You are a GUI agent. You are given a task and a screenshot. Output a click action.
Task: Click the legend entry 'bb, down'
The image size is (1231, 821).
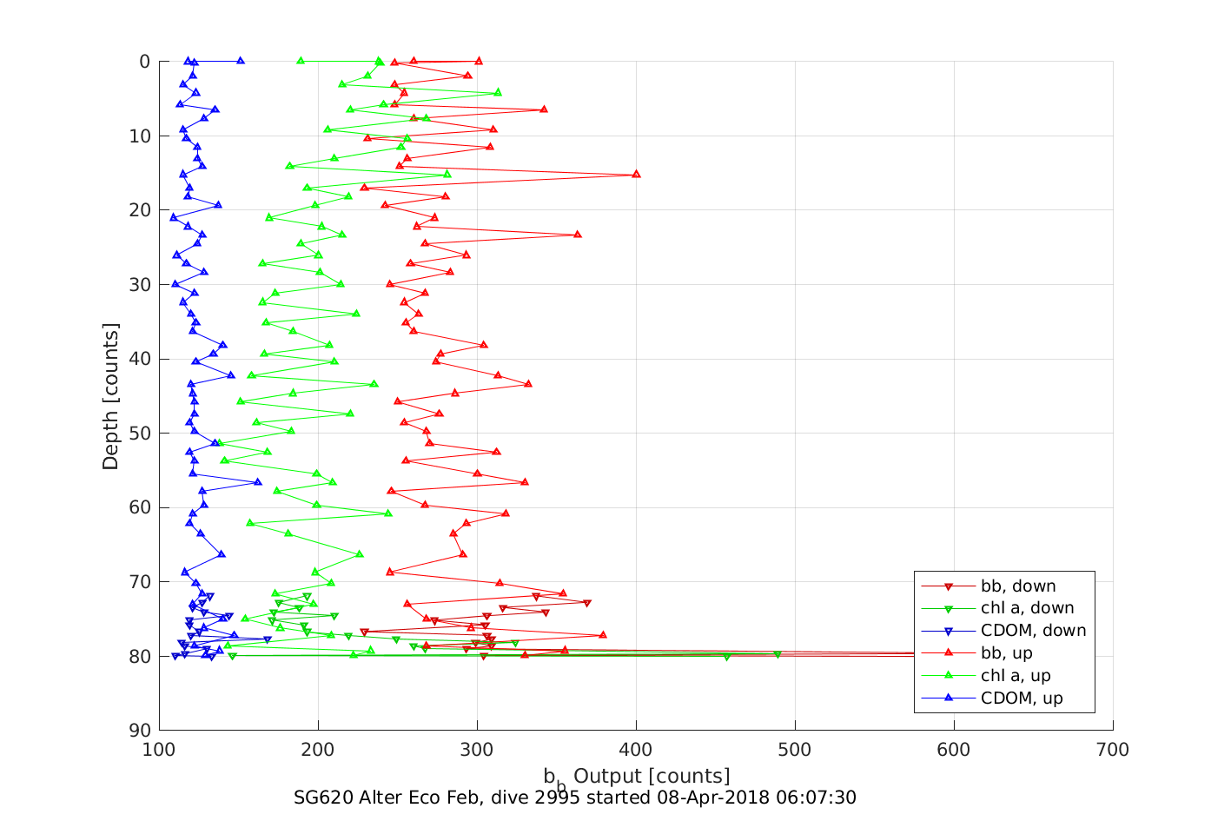tap(1018, 586)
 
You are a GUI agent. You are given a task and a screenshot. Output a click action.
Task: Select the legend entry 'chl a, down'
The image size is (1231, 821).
tap(1027, 608)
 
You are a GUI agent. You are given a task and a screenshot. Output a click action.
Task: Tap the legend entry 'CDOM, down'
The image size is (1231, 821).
tap(1033, 631)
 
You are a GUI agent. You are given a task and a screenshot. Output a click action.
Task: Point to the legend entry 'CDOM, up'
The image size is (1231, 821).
tap(1022, 699)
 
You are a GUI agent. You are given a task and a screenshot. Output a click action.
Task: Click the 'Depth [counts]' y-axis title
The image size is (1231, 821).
tap(110, 396)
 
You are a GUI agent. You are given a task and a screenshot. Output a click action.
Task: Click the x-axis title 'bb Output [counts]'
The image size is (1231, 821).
tap(637, 777)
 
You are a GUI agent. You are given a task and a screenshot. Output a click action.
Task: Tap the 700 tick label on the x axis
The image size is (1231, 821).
tap(1113, 750)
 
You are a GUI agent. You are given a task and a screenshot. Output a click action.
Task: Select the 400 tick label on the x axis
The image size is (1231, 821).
tap(636, 750)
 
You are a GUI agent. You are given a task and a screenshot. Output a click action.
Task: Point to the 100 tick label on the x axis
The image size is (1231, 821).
tap(159, 750)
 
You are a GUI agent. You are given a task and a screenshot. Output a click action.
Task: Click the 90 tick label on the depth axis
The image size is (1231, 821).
tap(140, 731)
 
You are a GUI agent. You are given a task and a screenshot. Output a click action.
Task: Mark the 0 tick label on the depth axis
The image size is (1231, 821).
tap(144, 62)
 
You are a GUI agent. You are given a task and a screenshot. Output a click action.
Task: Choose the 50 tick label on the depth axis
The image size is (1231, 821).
tap(140, 434)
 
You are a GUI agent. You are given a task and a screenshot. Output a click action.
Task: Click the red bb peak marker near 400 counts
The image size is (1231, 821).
tap(636, 174)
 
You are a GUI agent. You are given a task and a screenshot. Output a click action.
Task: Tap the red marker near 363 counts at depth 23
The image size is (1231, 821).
tap(577, 235)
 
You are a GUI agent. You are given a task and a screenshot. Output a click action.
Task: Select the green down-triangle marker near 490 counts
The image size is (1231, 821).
tap(778, 654)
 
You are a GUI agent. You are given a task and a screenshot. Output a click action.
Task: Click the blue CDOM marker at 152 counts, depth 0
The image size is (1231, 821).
tap(241, 61)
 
